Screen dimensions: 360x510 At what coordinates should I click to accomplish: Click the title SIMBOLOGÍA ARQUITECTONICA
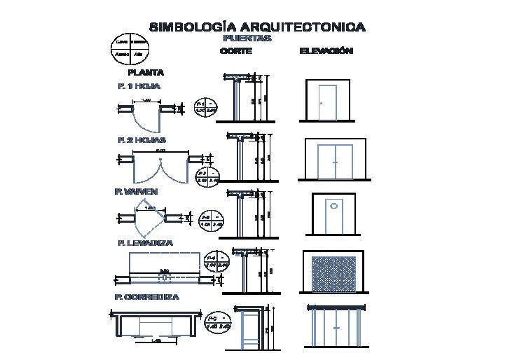click(257, 27)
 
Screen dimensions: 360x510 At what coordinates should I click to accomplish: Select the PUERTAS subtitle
click(247, 39)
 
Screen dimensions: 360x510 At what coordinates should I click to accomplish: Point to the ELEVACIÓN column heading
click(326, 51)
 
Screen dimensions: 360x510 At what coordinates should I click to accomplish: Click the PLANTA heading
click(146, 72)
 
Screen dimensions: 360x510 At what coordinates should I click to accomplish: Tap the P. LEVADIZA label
click(146, 243)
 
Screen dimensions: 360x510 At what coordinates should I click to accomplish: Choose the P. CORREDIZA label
click(146, 298)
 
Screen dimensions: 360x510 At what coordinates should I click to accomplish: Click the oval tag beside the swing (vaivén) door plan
click(210, 221)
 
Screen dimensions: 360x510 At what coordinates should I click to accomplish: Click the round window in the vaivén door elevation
click(334, 206)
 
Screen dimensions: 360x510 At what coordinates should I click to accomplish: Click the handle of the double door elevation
click(335, 162)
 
